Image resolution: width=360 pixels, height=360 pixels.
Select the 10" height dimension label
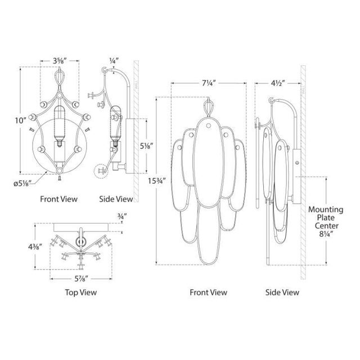21,120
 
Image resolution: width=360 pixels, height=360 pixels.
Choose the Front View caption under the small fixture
58,199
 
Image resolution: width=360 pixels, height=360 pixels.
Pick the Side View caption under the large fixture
282,292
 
